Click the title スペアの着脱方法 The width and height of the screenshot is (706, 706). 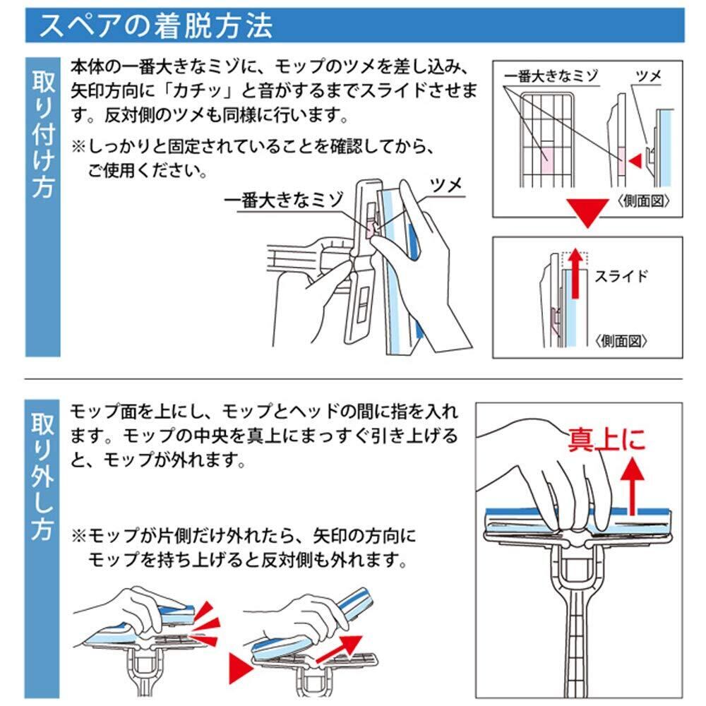[156, 25]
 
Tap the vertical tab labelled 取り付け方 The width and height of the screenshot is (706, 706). [43, 207]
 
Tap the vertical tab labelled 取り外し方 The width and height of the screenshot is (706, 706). [42, 549]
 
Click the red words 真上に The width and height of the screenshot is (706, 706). [606, 440]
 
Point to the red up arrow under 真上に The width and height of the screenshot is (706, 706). [633, 486]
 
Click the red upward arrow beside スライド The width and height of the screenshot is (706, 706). [575, 274]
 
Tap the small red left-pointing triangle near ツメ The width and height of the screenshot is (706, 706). [635, 161]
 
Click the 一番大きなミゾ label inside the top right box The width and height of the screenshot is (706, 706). [551, 76]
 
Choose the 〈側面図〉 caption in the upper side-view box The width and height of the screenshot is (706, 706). [643, 201]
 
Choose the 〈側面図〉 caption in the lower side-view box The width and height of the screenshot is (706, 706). [621, 341]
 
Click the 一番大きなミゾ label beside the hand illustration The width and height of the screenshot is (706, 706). [284, 200]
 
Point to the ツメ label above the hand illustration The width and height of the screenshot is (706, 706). [446, 184]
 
